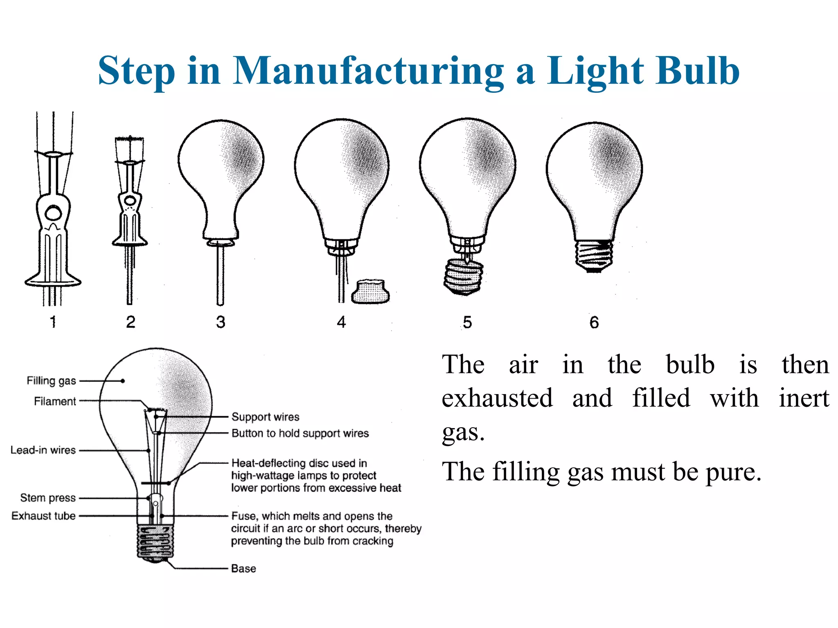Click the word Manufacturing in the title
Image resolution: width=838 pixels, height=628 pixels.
point(368,72)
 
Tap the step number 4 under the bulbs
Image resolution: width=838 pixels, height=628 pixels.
point(341,322)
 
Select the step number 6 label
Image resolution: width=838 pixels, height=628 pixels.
point(594,323)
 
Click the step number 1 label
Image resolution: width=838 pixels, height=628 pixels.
point(53,322)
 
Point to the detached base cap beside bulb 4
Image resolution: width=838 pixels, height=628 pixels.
point(371,292)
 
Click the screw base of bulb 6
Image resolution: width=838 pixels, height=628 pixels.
point(594,256)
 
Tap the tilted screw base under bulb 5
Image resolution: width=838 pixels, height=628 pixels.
point(463,277)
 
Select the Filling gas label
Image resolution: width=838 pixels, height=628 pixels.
point(51,381)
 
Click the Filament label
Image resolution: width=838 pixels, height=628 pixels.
point(55,401)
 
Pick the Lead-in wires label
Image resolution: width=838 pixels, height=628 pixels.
point(43,450)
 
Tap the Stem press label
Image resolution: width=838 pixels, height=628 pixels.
point(48,498)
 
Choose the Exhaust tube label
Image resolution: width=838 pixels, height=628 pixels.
point(43,516)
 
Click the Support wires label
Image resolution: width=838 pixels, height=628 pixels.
point(265,417)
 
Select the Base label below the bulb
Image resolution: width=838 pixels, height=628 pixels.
point(243,569)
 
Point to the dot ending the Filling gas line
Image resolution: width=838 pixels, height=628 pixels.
point(123,381)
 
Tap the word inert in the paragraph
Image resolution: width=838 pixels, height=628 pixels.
point(804,398)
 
